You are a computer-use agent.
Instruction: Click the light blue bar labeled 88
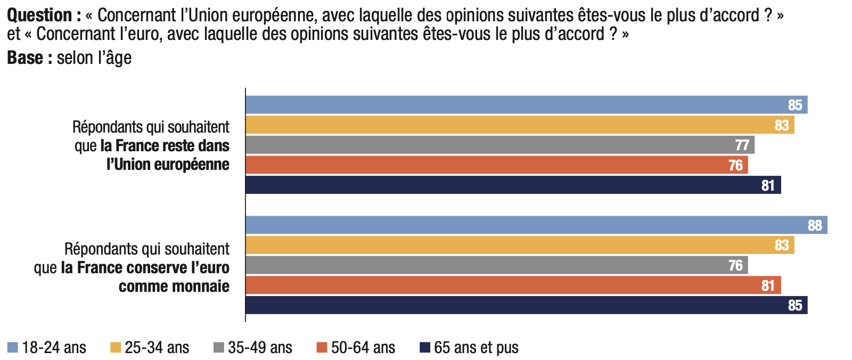[536, 225]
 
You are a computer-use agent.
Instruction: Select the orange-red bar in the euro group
[513, 285]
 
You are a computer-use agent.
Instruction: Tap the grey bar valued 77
[499, 145]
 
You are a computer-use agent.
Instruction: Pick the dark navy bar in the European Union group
[513, 185]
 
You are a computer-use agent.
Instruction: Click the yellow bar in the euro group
[519, 246]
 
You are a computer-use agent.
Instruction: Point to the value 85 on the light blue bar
[794, 105]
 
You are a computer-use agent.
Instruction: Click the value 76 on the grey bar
[735, 265]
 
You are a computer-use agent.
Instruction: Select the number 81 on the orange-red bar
[767, 286]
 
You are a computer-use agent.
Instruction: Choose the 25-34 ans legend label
[157, 348]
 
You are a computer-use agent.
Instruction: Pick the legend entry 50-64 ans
[363, 348]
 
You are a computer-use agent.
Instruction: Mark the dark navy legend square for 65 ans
[425, 348]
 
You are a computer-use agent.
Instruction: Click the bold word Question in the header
[40, 15]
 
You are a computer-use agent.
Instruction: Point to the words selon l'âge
[94, 58]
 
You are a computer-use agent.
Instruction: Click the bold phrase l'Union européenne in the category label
[168, 165]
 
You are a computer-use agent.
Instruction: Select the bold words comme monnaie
[174, 287]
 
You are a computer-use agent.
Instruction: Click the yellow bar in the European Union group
[519, 125]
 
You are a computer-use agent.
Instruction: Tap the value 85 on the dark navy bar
[794, 306]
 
